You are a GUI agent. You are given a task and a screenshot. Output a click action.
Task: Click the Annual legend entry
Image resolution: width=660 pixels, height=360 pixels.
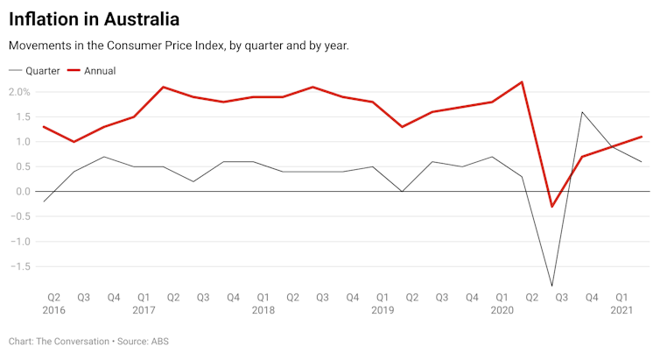[99, 70]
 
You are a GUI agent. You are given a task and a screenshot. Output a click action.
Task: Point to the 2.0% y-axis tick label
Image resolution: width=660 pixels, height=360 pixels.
[18, 92]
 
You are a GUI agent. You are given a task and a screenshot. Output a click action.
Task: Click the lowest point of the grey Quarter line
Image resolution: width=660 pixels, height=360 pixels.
[551, 286]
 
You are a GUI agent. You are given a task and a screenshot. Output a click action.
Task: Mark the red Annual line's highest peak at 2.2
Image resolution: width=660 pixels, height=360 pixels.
[522, 82]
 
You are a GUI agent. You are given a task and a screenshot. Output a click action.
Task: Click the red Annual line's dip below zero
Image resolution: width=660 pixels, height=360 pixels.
[551, 207]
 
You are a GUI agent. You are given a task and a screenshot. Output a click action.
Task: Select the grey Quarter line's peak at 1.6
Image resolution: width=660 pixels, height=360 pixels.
[582, 112]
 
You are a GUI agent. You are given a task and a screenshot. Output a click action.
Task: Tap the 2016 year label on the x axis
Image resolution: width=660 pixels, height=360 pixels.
[53, 310]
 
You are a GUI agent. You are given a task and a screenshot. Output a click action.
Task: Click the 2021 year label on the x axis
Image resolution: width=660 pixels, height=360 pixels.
[621, 310]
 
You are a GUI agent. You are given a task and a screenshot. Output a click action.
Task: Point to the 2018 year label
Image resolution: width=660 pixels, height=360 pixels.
[263, 310]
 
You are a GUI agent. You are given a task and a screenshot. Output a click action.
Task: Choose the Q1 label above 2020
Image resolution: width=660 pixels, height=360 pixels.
[502, 297]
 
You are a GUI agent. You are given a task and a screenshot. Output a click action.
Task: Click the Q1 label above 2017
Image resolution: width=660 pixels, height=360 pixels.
[144, 297]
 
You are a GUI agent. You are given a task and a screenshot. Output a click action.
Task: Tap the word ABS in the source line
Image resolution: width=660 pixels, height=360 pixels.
[161, 341]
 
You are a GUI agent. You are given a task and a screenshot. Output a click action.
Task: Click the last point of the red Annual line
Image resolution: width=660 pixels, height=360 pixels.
[642, 137]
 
